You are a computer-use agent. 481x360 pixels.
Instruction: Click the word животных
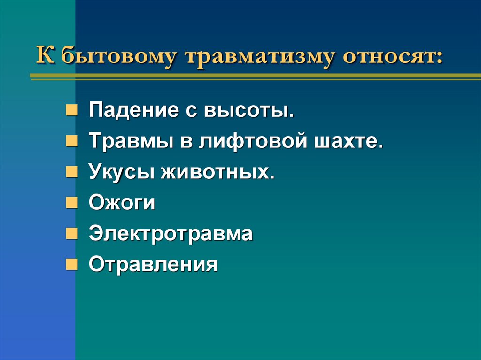[x=217, y=172]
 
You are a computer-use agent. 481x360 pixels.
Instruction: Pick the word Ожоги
[x=121, y=203]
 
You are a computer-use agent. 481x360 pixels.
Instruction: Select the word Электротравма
[x=171, y=233]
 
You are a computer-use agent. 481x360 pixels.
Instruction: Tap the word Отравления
[x=153, y=264]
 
